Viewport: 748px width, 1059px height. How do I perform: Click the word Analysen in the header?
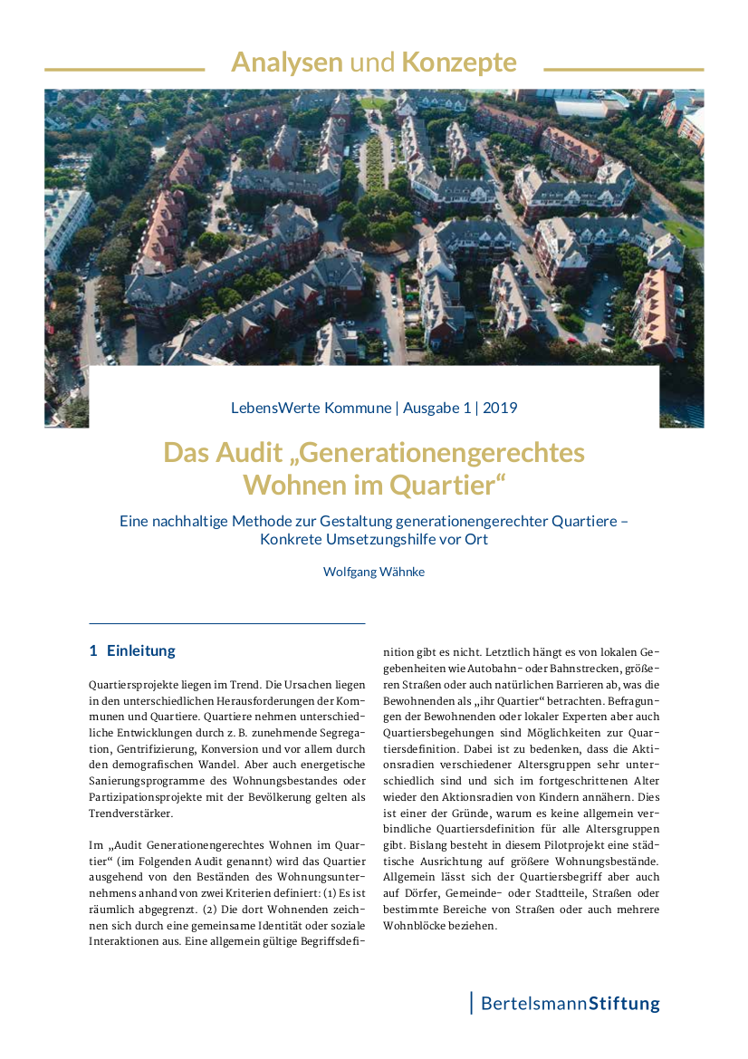[x=286, y=62]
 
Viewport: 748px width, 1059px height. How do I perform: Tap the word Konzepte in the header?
[x=459, y=62]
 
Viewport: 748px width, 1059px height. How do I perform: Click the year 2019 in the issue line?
[x=500, y=408]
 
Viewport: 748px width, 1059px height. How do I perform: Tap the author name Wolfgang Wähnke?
[x=374, y=572]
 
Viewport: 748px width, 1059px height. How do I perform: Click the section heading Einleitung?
[x=141, y=650]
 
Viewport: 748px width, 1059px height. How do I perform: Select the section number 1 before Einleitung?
[x=93, y=650]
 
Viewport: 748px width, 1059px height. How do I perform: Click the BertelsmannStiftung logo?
[x=569, y=1004]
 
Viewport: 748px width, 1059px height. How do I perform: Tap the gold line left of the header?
[x=124, y=69]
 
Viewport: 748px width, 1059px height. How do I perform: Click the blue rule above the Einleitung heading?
[x=226, y=623]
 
